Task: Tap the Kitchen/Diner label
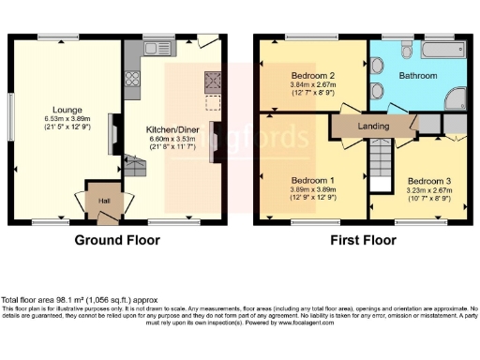click(171, 130)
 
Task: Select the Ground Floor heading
click(117, 240)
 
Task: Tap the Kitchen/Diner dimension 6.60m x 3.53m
click(171, 141)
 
